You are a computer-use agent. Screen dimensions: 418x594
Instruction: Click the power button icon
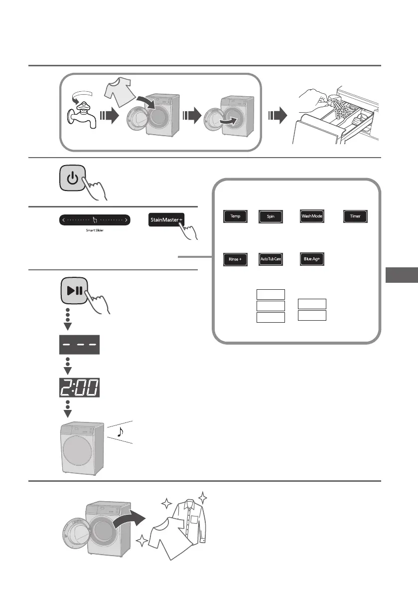click(73, 179)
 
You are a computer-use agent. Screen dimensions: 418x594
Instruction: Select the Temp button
click(235, 217)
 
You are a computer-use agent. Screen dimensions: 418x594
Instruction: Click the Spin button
click(271, 217)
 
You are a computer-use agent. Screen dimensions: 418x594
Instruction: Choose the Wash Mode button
click(312, 217)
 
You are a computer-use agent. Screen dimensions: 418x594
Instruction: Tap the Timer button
click(355, 217)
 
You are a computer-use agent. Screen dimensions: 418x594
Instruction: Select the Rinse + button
click(235, 260)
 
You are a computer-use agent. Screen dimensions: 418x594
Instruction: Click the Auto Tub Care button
click(271, 260)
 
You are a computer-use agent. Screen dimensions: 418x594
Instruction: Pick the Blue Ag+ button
click(312, 260)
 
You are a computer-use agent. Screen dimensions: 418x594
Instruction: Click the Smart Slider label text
click(95, 232)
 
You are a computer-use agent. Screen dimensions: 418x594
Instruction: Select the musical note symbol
click(120, 432)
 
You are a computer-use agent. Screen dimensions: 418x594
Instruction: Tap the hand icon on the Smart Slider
click(95, 220)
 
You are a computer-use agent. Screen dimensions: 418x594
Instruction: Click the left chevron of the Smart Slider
click(63, 219)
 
